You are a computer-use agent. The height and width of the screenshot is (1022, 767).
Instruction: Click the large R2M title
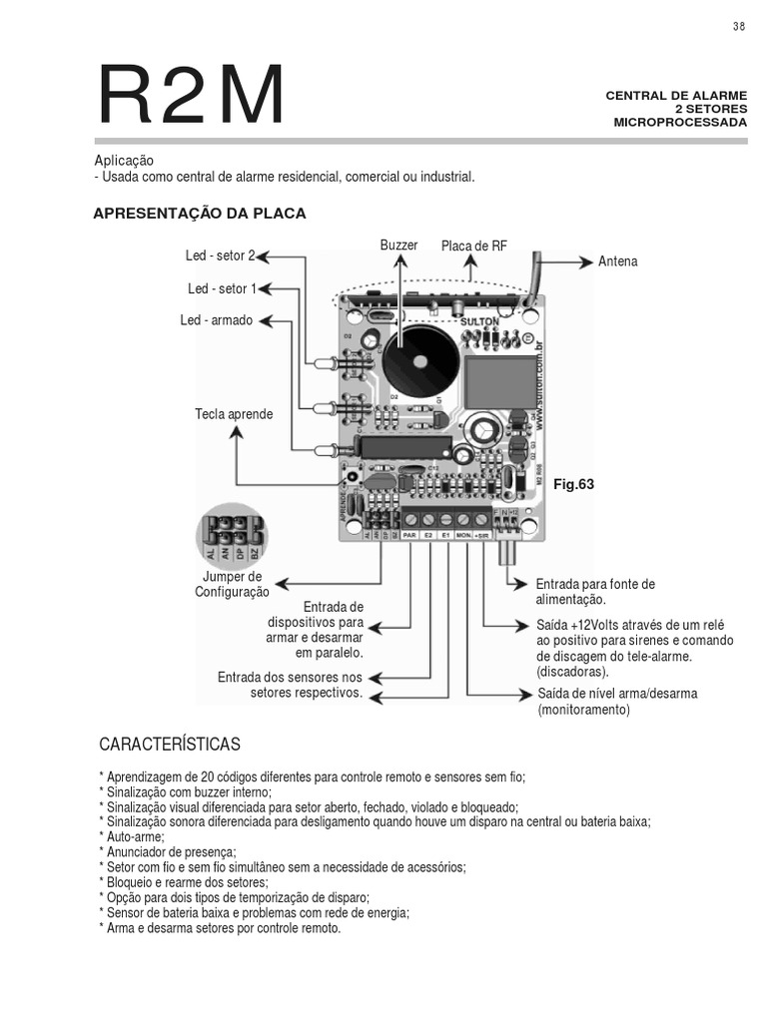tap(190, 97)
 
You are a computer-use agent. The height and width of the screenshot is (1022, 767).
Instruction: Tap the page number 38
tap(739, 27)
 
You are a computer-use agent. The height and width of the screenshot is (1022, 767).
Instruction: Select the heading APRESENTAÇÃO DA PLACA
tap(199, 214)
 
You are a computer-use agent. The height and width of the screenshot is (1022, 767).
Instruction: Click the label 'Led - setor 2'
tap(220, 256)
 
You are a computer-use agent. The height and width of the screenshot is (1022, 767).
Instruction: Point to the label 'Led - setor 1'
tap(222, 289)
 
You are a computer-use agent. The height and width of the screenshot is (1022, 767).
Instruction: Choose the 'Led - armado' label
tap(216, 321)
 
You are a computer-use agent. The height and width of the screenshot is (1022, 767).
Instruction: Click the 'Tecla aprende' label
tap(234, 414)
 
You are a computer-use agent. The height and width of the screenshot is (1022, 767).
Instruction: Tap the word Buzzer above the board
tap(397, 246)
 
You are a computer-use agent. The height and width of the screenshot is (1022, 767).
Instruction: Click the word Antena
tap(617, 261)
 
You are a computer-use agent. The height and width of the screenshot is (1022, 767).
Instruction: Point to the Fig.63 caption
tap(573, 485)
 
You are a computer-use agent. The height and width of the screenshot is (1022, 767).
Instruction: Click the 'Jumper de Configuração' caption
tap(232, 585)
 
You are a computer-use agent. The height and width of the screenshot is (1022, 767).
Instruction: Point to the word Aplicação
tap(124, 161)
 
